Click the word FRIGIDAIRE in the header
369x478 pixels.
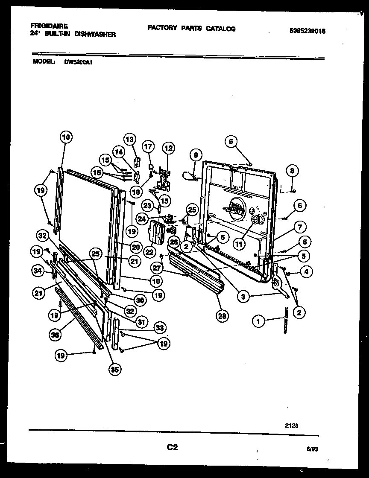point(50,26)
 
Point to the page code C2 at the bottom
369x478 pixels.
point(172,448)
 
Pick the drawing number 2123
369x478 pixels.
point(292,425)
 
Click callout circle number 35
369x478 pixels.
point(114,370)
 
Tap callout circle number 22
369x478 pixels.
point(149,252)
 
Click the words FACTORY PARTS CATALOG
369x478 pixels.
point(191,28)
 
